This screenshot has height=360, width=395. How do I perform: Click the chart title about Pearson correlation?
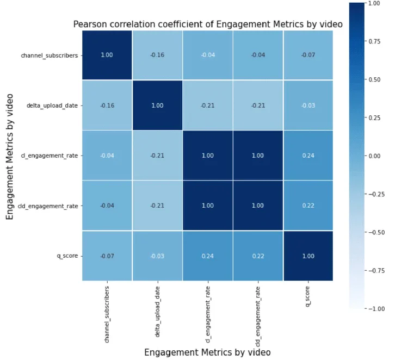pos(207,24)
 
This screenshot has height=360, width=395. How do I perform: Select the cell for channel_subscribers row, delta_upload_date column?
pos(157,55)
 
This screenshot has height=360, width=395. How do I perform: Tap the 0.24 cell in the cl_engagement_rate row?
pos(307,155)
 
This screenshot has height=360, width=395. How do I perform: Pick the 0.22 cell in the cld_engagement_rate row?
pos(307,206)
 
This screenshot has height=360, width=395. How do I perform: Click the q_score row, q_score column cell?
pos(307,256)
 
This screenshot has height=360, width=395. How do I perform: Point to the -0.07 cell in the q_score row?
pos(107,256)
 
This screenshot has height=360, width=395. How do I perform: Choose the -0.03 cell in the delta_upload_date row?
pos(307,105)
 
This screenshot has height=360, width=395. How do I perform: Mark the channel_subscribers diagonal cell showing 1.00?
pos(107,55)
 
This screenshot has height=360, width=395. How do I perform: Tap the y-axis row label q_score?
pos(67,256)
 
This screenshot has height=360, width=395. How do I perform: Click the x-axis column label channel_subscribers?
pos(107,314)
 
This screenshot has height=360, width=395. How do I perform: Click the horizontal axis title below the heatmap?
pos(207,352)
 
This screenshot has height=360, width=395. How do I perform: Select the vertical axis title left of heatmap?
pos(10,156)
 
